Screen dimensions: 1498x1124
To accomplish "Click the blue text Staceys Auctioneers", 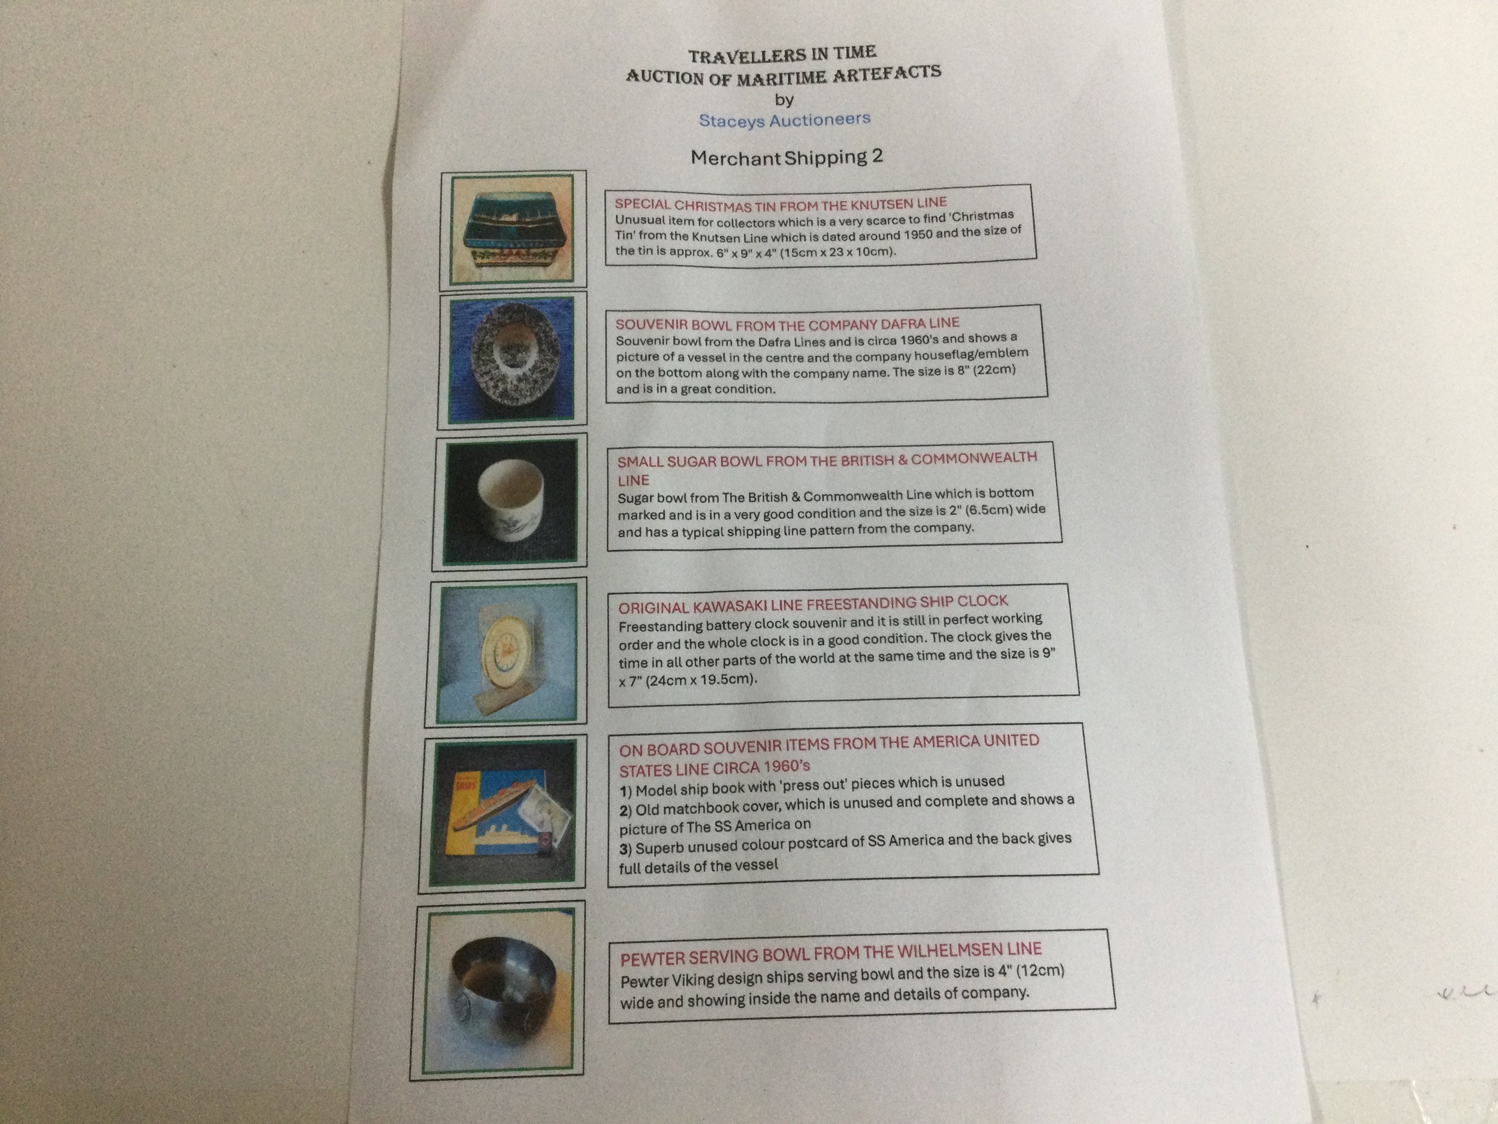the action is [x=784, y=120].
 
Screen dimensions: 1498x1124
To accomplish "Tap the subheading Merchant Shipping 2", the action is [x=787, y=157].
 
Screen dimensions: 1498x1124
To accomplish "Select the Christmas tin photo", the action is [x=513, y=229].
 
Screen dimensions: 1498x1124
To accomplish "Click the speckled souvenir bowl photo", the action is [x=512, y=359].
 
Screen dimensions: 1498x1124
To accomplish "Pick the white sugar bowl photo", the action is [x=511, y=501].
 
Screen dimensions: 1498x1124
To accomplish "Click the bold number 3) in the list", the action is [x=626, y=848].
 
